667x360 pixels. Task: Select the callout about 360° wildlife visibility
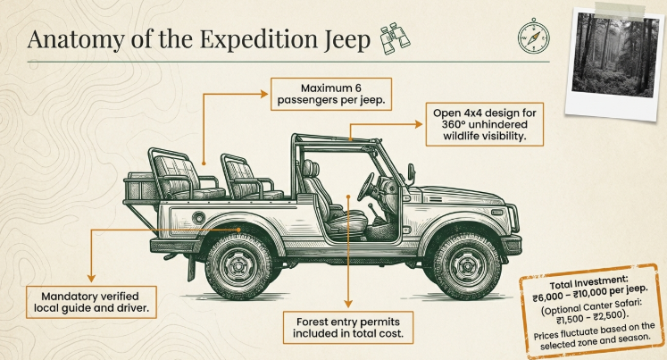tap(488, 131)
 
